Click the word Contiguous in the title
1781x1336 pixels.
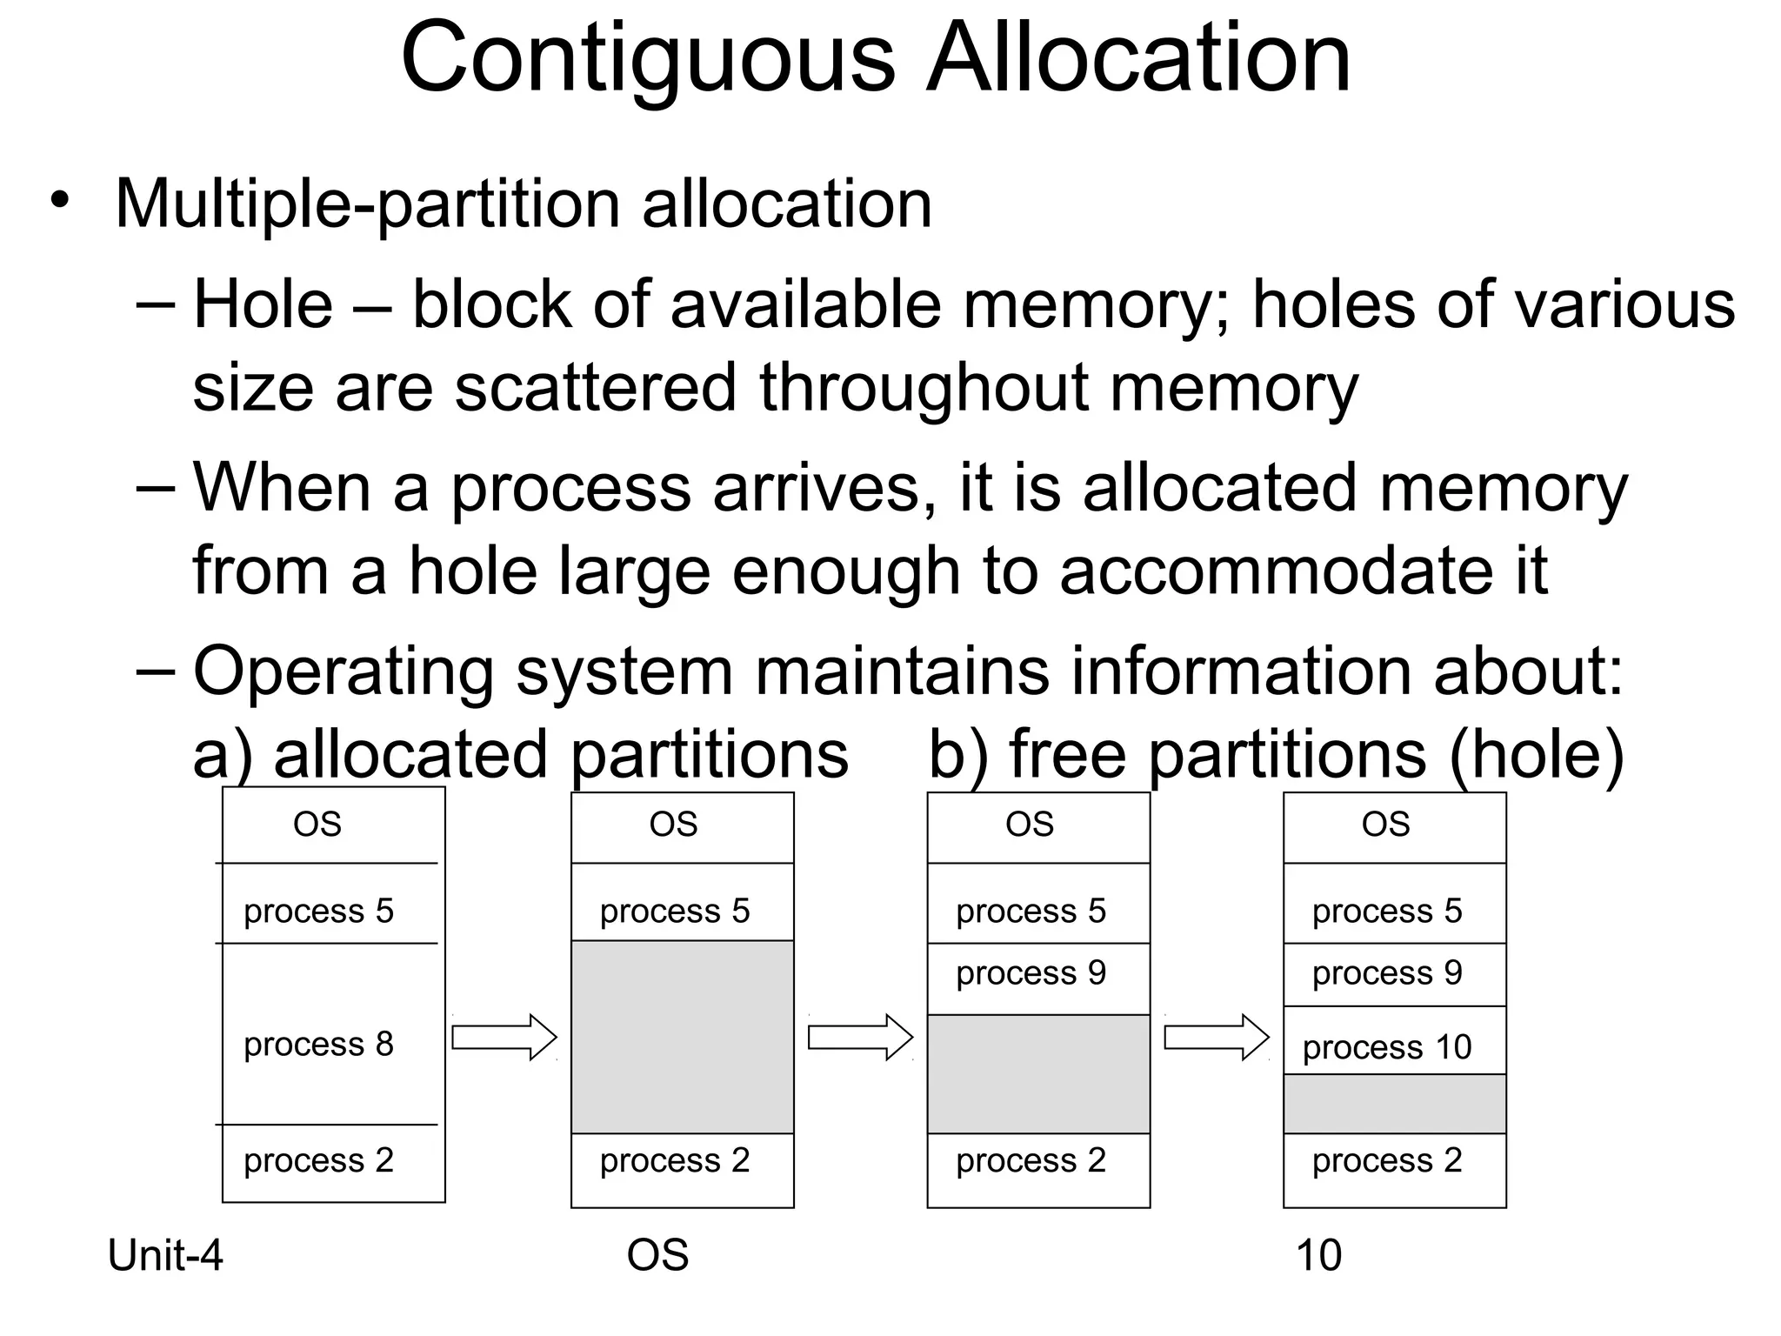pos(647,59)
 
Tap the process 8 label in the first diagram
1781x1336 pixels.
pos(318,1044)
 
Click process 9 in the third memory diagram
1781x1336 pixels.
pos(1031,973)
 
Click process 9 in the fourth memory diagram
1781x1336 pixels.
pos(1387,973)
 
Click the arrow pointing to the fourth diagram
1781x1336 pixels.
pos(1217,1037)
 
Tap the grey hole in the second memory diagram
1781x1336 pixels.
pos(682,1037)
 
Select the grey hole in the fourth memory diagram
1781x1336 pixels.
pos(1394,1104)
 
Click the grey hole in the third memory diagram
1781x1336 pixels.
pos(1038,1073)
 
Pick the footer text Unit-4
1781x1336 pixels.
pos(165,1255)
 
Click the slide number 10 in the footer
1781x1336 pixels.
pos(1318,1255)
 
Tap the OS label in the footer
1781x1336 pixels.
pos(657,1255)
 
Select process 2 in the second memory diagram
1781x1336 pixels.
pos(675,1160)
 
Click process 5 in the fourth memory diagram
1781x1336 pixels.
pos(1387,911)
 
